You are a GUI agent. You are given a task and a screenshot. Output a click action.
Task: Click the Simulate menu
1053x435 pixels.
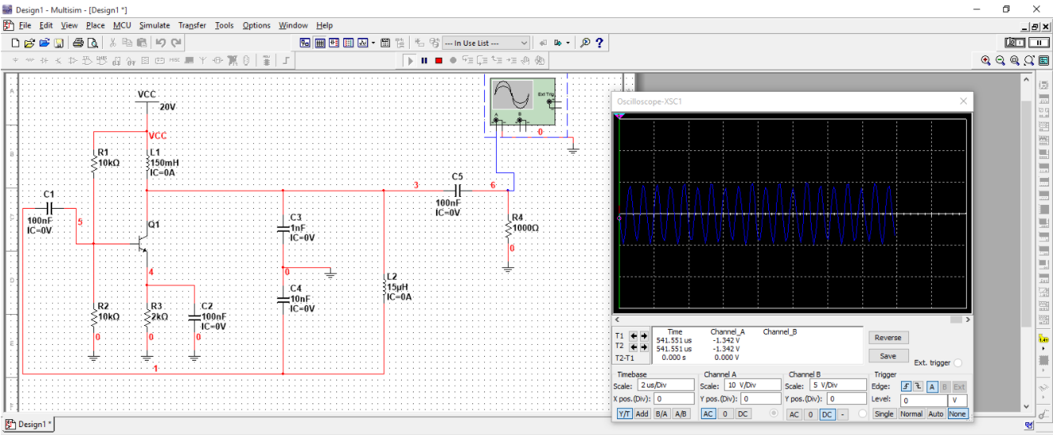coord(154,25)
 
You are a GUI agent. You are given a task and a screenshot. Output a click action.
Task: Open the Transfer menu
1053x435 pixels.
coord(191,25)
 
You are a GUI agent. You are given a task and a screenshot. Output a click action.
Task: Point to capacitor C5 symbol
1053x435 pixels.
coord(457,191)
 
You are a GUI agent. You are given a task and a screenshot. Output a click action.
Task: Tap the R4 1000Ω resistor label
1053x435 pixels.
coord(524,222)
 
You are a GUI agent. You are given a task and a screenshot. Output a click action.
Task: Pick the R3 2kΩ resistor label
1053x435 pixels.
coord(158,311)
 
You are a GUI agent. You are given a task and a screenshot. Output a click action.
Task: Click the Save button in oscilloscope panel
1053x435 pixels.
coord(888,356)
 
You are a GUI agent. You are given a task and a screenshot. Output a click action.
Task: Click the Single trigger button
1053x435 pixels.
coord(884,414)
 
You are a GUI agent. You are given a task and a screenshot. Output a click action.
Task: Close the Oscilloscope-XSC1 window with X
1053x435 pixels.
coord(963,101)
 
